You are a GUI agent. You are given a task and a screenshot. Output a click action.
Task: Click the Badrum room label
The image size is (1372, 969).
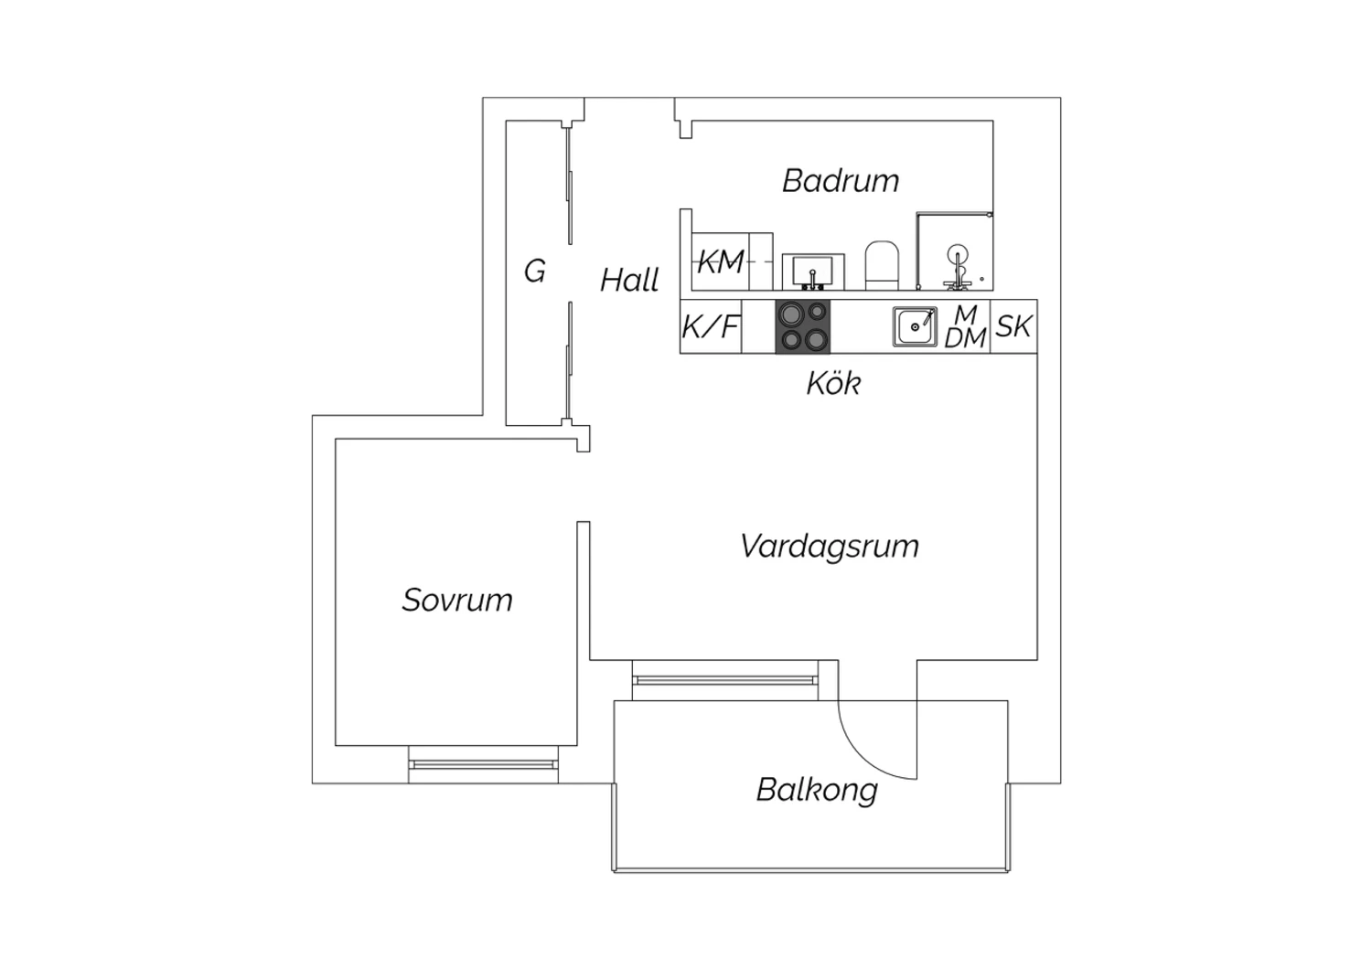pos(841,181)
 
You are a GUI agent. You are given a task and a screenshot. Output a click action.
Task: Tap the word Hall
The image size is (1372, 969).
pos(629,280)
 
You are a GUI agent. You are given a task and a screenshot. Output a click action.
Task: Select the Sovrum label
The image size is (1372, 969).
pos(457,600)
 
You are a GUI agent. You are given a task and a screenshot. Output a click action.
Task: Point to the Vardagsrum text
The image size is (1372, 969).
pos(830,546)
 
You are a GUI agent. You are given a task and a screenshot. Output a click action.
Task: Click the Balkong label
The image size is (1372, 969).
pos(817,790)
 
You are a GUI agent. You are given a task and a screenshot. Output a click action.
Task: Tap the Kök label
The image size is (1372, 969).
pos(833,383)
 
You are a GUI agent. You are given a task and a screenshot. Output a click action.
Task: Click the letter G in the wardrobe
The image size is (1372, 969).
pos(535,271)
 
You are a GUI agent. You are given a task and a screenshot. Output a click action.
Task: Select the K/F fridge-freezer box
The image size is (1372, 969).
pos(711,326)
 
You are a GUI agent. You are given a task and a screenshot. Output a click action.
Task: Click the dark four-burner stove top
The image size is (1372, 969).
pos(803,326)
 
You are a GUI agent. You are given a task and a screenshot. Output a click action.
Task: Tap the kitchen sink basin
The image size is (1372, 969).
pos(915,327)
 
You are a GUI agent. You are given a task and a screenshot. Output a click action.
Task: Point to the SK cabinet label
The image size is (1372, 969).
pos(1013,326)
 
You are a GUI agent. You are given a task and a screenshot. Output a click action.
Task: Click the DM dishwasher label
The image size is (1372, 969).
pos(965,337)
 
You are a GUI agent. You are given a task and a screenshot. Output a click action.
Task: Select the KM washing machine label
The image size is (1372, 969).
pos(721,262)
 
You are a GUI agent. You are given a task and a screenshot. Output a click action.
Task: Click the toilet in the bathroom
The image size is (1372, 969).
pos(882,265)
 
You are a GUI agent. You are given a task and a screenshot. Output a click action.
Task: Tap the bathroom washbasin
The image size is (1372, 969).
pos(813,272)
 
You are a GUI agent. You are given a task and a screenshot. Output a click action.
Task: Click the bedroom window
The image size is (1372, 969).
pos(483,764)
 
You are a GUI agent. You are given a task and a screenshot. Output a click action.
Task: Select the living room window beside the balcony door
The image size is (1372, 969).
pos(725,680)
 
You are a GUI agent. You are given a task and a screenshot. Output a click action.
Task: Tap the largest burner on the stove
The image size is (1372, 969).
pos(791,314)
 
